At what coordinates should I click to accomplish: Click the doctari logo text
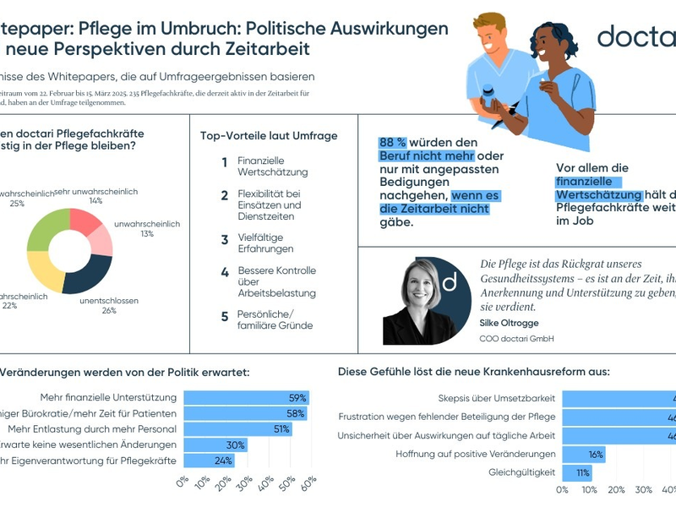point(635,36)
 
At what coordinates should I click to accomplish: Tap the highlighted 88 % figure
point(396,142)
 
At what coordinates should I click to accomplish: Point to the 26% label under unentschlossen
point(108,311)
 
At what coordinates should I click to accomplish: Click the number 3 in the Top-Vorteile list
point(225,240)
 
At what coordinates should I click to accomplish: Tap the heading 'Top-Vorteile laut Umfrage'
point(269,136)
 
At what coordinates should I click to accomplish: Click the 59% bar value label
point(297,397)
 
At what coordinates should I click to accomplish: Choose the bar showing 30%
point(215,444)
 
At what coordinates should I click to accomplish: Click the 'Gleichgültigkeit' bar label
point(522,472)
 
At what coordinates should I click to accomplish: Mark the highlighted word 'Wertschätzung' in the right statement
point(599,195)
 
